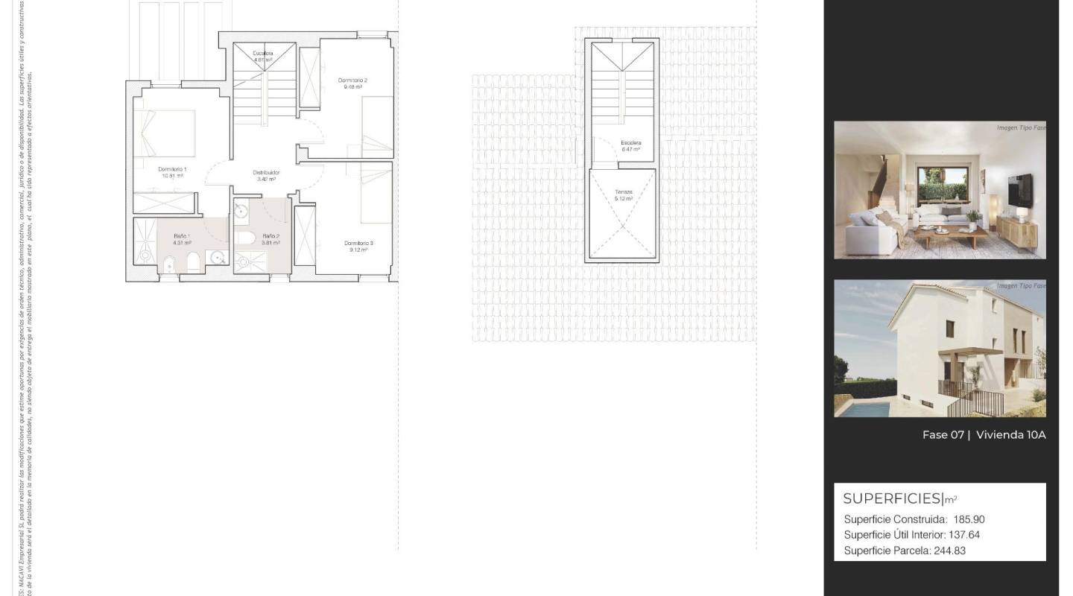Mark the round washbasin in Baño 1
(x=218, y=257)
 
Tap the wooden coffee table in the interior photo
(x=949, y=236)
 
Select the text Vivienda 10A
(x=1010, y=435)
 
